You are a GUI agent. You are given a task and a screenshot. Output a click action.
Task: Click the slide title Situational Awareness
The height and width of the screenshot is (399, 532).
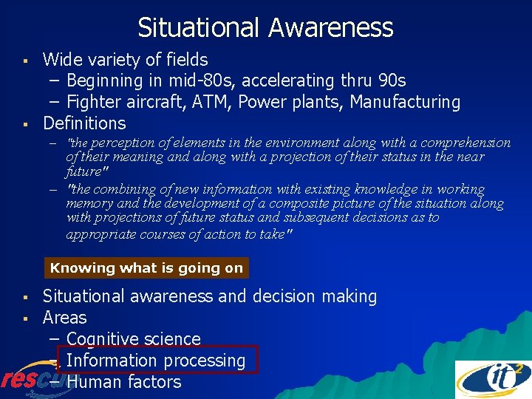265,28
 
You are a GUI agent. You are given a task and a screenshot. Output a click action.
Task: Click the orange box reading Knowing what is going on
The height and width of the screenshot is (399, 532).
146,268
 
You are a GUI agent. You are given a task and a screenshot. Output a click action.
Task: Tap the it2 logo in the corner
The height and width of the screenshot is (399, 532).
492,379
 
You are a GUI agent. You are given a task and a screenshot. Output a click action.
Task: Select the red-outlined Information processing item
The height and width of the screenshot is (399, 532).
155,361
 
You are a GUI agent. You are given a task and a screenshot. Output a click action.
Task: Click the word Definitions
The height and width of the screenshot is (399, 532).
84,123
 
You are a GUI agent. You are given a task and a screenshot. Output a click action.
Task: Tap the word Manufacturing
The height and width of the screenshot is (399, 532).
405,102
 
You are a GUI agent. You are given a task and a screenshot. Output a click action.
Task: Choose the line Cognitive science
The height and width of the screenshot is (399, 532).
133,339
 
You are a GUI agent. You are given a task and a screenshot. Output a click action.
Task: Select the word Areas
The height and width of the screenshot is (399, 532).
64,318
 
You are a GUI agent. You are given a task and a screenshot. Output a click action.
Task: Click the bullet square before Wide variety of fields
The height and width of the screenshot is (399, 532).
25,59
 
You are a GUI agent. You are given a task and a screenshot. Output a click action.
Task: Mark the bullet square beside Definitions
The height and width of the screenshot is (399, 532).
25,123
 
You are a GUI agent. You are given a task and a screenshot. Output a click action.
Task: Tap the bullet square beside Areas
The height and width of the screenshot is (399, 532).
25,318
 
